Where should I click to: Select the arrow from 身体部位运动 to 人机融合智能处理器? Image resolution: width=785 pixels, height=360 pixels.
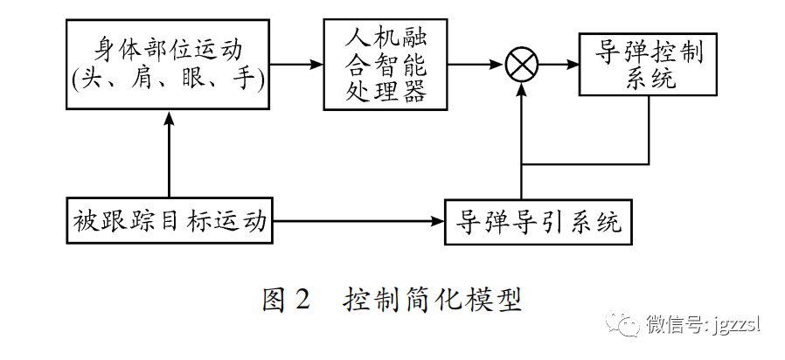click(x=296, y=65)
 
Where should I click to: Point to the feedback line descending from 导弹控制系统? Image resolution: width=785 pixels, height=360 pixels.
click(x=649, y=131)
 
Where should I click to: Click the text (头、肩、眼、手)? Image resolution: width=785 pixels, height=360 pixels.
click(x=169, y=80)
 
